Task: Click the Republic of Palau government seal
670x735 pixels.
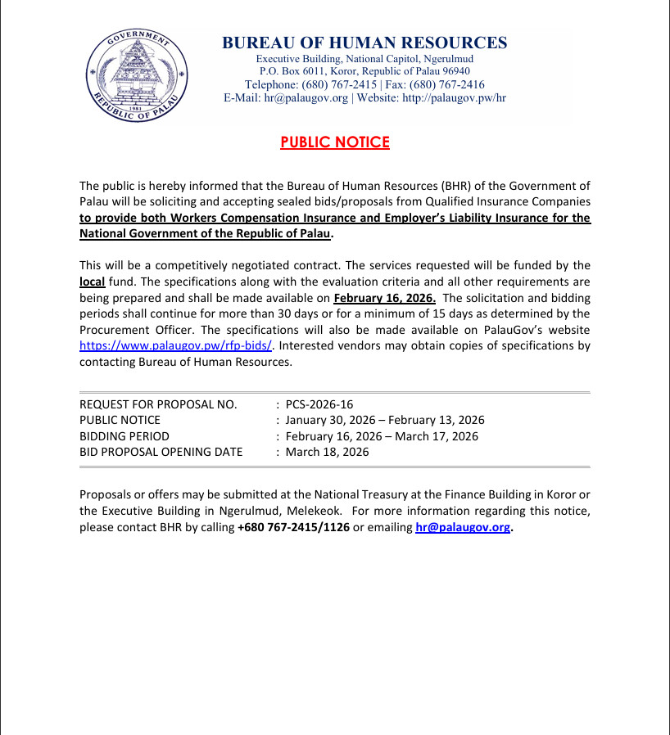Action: [137, 77]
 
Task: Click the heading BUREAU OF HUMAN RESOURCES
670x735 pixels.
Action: [364, 43]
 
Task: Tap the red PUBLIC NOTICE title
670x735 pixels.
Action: [335, 142]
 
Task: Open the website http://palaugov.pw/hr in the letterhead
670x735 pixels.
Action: [454, 97]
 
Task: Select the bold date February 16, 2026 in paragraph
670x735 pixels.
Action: [384, 298]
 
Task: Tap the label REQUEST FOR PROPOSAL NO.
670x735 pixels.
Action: [158, 404]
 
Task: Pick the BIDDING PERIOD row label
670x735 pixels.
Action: [124, 436]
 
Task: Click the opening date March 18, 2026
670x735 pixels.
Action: [328, 452]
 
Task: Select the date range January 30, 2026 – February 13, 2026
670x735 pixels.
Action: [385, 420]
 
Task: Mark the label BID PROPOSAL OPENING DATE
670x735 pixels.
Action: [161, 452]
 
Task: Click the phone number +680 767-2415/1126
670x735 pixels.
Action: [293, 528]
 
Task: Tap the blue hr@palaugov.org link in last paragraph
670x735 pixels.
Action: [462, 528]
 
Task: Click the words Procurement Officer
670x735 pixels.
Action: [128, 330]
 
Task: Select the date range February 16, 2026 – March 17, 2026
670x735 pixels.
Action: [382, 436]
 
